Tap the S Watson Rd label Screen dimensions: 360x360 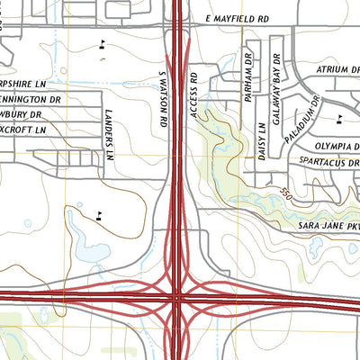[164, 98]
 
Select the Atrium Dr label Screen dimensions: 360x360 [337, 69]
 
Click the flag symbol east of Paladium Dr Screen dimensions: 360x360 [338, 118]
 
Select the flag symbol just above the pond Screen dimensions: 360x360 [97, 214]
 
